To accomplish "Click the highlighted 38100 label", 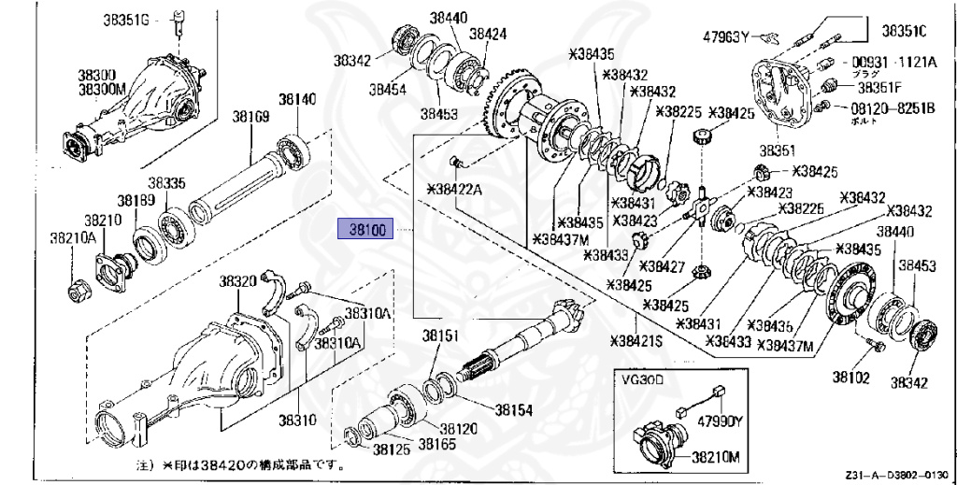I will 367,229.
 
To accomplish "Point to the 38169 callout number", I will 250,118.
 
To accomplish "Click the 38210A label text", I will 73,238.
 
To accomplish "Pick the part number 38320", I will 237,281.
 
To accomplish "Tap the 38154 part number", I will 513,409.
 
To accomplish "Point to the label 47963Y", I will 727,37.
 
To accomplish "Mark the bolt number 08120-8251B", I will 890,108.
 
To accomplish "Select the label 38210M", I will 715,458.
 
